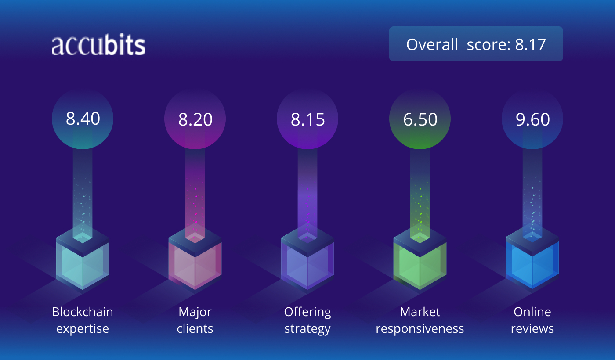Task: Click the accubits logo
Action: click(x=98, y=45)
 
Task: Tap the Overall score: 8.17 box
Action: click(x=476, y=44)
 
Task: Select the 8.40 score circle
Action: click(x=83, y=119)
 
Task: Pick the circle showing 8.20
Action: click(x=195, y=119)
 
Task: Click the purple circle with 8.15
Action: click(x=307, y=119)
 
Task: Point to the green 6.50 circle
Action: click(x=420, y=119)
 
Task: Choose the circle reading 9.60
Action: click(x=532, y=119)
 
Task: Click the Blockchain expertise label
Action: click(x=83, y=320)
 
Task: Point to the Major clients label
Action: click(x=195, y=320)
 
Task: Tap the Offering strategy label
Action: click(x=307, y=320)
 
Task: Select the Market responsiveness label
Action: click(x=420, y=320)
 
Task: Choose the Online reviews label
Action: click(x=532, y=320)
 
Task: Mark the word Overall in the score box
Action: click(x=432, y=44)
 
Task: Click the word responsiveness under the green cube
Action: click(x=420, y=328)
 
